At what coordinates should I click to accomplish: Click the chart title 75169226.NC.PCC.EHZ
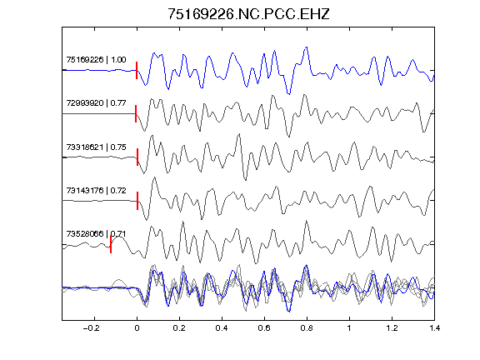pos(248,14)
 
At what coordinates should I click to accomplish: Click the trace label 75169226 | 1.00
pos(96,59)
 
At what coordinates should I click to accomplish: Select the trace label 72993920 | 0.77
pos(96,102)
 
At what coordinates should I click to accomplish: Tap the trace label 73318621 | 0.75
pos(96,147)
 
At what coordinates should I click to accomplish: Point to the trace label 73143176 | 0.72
pos(96,190)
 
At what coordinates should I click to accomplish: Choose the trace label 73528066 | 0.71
pos(96,234)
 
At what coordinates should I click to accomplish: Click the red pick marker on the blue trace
pos(137,70)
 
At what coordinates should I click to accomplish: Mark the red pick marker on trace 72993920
pos(136,113)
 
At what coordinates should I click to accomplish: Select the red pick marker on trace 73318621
pos(137,157)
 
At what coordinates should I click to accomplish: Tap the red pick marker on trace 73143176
pos(137,201)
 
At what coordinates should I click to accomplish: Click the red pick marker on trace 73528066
pos(111,244)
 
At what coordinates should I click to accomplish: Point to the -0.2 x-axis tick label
pos(92,328)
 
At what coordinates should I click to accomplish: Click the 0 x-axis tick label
pos(137,328)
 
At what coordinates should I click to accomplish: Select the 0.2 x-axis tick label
pos(179,328)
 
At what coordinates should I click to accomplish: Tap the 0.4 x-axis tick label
pos(222,328)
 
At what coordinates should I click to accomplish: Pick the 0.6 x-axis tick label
pos(264,328)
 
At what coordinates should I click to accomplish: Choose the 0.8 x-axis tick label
pos(307,328)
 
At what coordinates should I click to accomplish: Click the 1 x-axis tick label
pos(349,328)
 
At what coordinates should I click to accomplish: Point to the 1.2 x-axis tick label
pos(392,328)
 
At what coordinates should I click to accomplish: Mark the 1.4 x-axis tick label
pos(434,328)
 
